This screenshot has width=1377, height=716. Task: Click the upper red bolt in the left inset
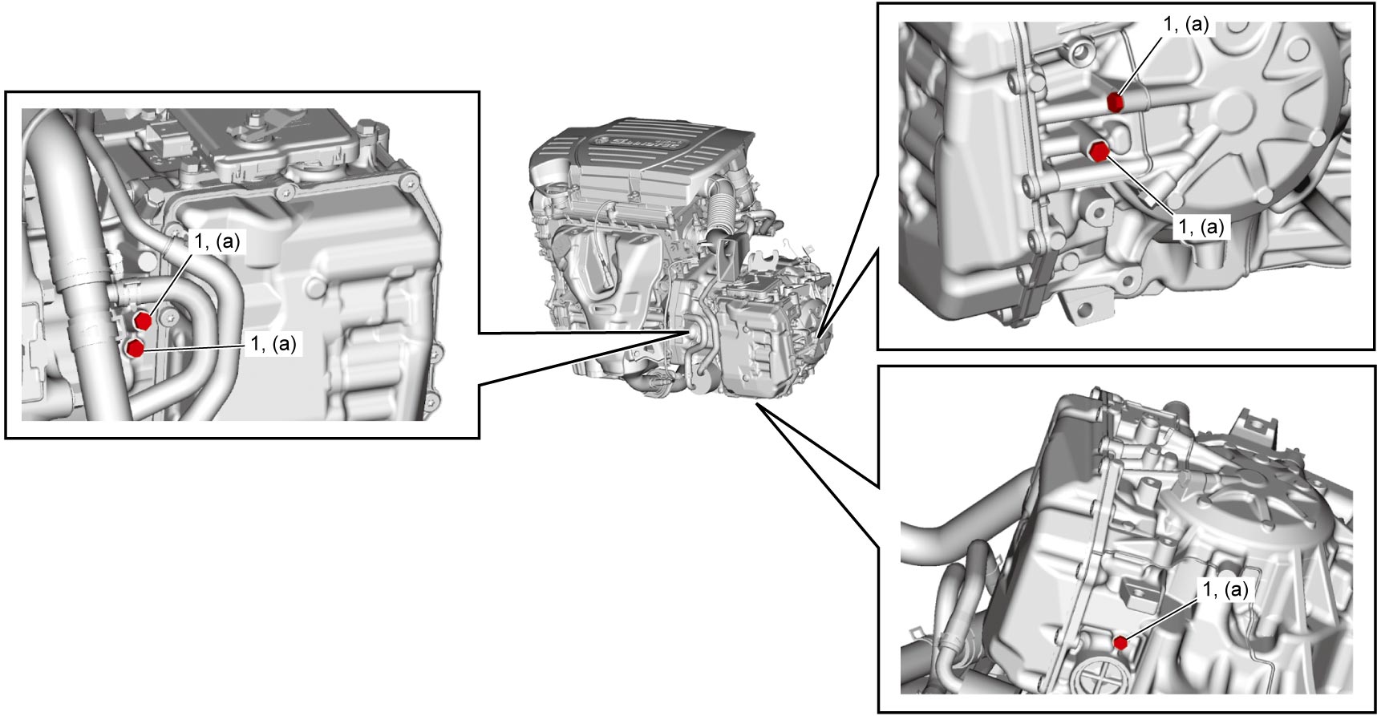(x=144, y=321)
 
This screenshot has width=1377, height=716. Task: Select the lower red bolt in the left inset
(x=136, y=348)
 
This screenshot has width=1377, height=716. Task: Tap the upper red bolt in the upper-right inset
(x=1115, y=102)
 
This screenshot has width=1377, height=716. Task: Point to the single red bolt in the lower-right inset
(x=1120, y=642)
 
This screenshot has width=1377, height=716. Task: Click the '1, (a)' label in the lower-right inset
(x=1225, y=589)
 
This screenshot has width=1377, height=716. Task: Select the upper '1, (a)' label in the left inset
(x=217, y=241)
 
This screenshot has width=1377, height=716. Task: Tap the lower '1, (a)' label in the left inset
(x=273, y=344)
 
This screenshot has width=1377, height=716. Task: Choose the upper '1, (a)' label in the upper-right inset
(x=1186, y=24)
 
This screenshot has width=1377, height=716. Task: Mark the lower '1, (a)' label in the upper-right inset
(x=1201, y=227)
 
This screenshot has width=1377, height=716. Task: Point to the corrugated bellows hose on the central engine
(x=719, y=209)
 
